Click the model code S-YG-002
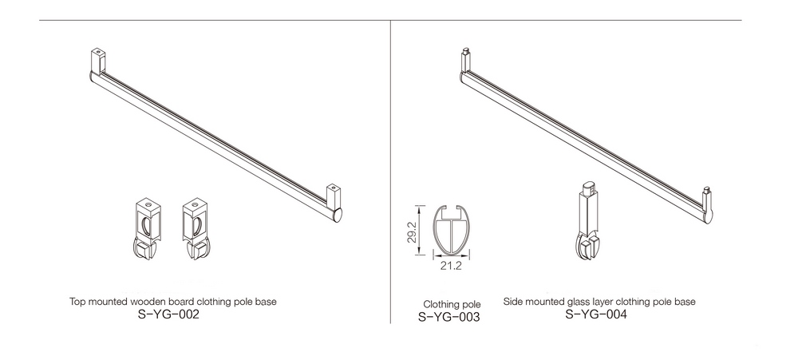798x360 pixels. pyautogui.click(x=168, y=315)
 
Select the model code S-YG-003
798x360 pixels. pyautogui.click(x=448, y=317)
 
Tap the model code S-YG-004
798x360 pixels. pyautogui.click(x=596, y=315)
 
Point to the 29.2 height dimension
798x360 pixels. pyautogui.click(x=412, y=231)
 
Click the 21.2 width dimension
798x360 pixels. pyautogui.click(x=451, y=265)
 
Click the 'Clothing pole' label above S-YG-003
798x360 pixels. pyautogui.click(x=452, y=304)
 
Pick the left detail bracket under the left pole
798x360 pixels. pyautogui.click(x=147, y=228)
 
